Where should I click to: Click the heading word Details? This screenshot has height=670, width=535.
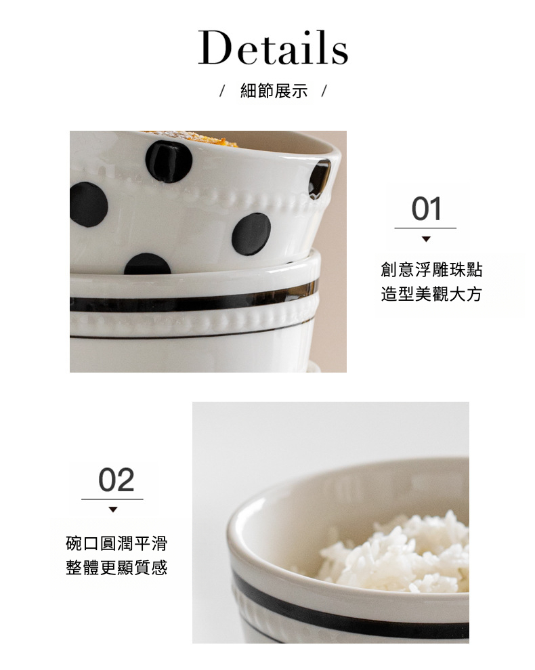click(273, 47)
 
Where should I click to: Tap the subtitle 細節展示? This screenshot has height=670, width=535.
click(274, 91)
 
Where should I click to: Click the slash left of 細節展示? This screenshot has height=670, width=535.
click(221, 91)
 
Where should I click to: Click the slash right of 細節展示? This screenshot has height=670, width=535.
click(324, 91)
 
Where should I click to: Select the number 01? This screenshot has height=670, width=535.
click(426, 209)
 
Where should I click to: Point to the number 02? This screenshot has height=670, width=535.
click(116, 480)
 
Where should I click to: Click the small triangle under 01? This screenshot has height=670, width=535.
click(426, 239)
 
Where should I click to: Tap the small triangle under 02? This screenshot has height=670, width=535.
click(113, 509)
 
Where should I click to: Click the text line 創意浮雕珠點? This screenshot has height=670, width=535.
click(431, 270)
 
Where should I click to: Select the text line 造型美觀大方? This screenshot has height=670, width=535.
click(431, 294)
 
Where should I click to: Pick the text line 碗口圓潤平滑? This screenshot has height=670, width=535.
click(116, 543)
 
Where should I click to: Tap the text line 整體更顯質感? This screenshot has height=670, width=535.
click(116, 568)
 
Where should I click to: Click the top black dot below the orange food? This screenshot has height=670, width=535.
click(169, 161)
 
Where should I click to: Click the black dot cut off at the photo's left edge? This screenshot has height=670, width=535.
click(88, 204)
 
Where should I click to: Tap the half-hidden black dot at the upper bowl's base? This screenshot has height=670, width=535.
click(148, 264)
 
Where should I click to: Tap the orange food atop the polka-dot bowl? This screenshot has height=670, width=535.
click(192, 138)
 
